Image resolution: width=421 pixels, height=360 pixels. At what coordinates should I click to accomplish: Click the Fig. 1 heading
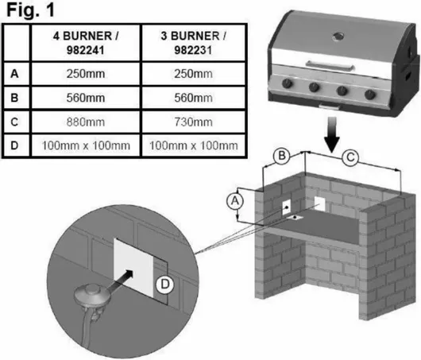tap(30, 10)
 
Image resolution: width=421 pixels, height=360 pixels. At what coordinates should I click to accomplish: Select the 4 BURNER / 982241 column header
tap(86, 43)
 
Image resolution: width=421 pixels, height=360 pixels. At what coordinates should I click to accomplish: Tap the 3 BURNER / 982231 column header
tap(193, 43)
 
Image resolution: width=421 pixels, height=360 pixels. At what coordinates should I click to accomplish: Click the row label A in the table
tap(14, 74)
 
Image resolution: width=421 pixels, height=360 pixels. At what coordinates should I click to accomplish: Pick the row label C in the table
tap(14, 122)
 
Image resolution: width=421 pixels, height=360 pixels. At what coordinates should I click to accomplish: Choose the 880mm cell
tap(86, 122)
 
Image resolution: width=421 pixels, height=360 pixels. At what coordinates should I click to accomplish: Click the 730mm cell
tap(193, 122)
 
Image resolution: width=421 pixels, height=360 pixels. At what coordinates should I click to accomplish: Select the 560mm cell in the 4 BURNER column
tap(86, 98)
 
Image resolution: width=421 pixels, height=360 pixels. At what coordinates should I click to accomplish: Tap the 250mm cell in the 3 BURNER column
tap(193, 74)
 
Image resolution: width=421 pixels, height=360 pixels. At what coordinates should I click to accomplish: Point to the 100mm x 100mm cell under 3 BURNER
tap(194, 145)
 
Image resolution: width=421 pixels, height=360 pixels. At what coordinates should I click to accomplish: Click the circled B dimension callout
tap(281, 156)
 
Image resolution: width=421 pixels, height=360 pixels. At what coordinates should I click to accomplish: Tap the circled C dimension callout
tap(350, 157)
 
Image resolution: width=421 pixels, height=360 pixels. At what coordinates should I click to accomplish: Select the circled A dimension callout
tap(235, 201)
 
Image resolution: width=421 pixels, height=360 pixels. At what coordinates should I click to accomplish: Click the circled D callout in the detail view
tap(165, 285)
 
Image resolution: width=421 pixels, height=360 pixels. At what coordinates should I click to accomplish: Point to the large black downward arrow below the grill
tap(332, 134)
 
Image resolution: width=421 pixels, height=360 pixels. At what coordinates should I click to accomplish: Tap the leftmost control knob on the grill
tap(287, 83)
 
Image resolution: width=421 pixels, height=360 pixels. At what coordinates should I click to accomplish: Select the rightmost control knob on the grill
tap(370, 94)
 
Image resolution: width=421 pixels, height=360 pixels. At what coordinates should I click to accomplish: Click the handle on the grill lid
tap(330, 66)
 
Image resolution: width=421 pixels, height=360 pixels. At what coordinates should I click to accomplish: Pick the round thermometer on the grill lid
tap(338, 36)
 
